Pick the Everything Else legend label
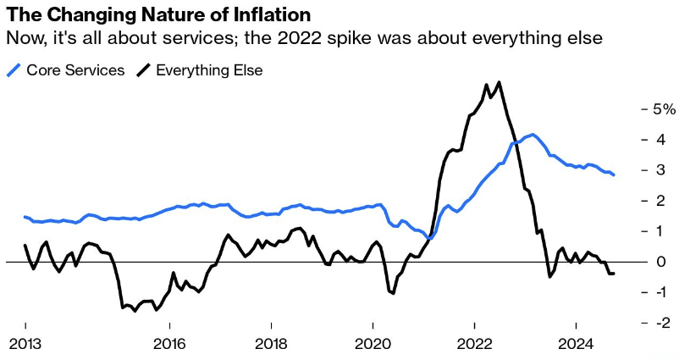211,70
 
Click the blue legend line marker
15,70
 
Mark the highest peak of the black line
500,82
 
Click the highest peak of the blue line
532,135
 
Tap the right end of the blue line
614,174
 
